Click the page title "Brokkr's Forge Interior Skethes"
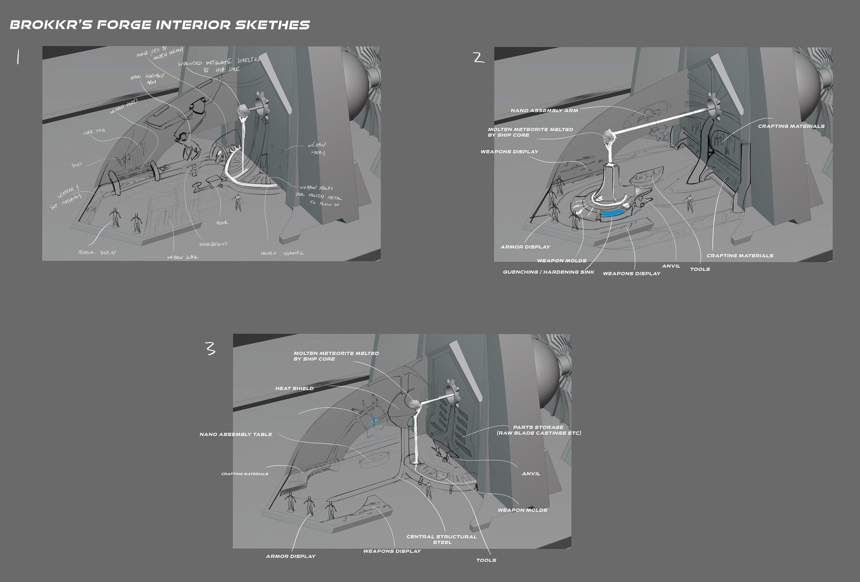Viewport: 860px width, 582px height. (x=159, y=25)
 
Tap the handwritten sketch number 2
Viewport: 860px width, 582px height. (x=479, y=58)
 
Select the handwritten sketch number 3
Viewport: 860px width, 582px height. (x=210, y=348)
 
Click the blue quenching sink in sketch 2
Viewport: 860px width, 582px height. (x=613, y=214)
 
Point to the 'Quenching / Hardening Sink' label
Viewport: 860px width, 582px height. (x=548, y=272)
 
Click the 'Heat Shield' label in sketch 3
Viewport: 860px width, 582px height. (x=294, y=389)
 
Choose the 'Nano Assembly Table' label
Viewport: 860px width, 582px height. (x=236, y=434)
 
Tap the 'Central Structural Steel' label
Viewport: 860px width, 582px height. (x=441, y=539)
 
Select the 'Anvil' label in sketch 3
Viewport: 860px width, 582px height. (x=531, y=474)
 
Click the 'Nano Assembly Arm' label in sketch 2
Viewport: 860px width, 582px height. (x=544, y=110)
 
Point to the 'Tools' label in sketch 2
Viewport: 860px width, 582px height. (x=700, y=269)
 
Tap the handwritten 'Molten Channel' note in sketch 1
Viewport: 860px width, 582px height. (x=282, y=253)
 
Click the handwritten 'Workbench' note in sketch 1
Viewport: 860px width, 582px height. (x=213, y=244)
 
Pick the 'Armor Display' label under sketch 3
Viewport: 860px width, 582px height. (x=291, y=556)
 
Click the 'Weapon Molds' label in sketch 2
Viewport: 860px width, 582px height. (x=562, y=261)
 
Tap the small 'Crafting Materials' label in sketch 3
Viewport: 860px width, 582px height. (x=245, y=474)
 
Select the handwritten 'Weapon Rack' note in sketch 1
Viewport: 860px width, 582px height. (x=182, y=257)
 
